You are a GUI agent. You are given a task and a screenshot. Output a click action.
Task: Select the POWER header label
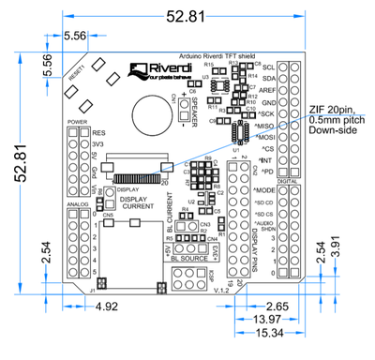pos(77,123)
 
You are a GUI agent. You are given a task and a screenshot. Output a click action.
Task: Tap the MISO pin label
pos(265,125)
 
